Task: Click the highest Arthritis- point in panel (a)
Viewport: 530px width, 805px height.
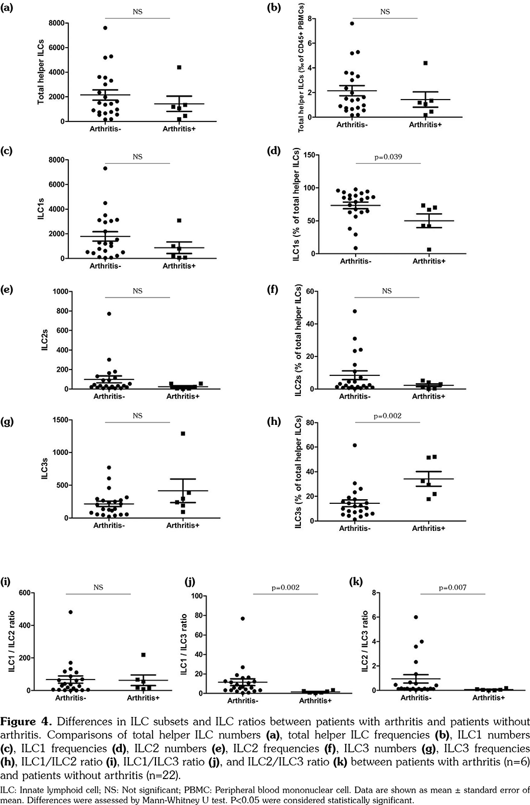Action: click(x=104, y=28)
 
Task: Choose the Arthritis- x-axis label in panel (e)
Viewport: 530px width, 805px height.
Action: click(x=110, y=396)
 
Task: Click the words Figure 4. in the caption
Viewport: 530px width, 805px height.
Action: click(x=29, y=722)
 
